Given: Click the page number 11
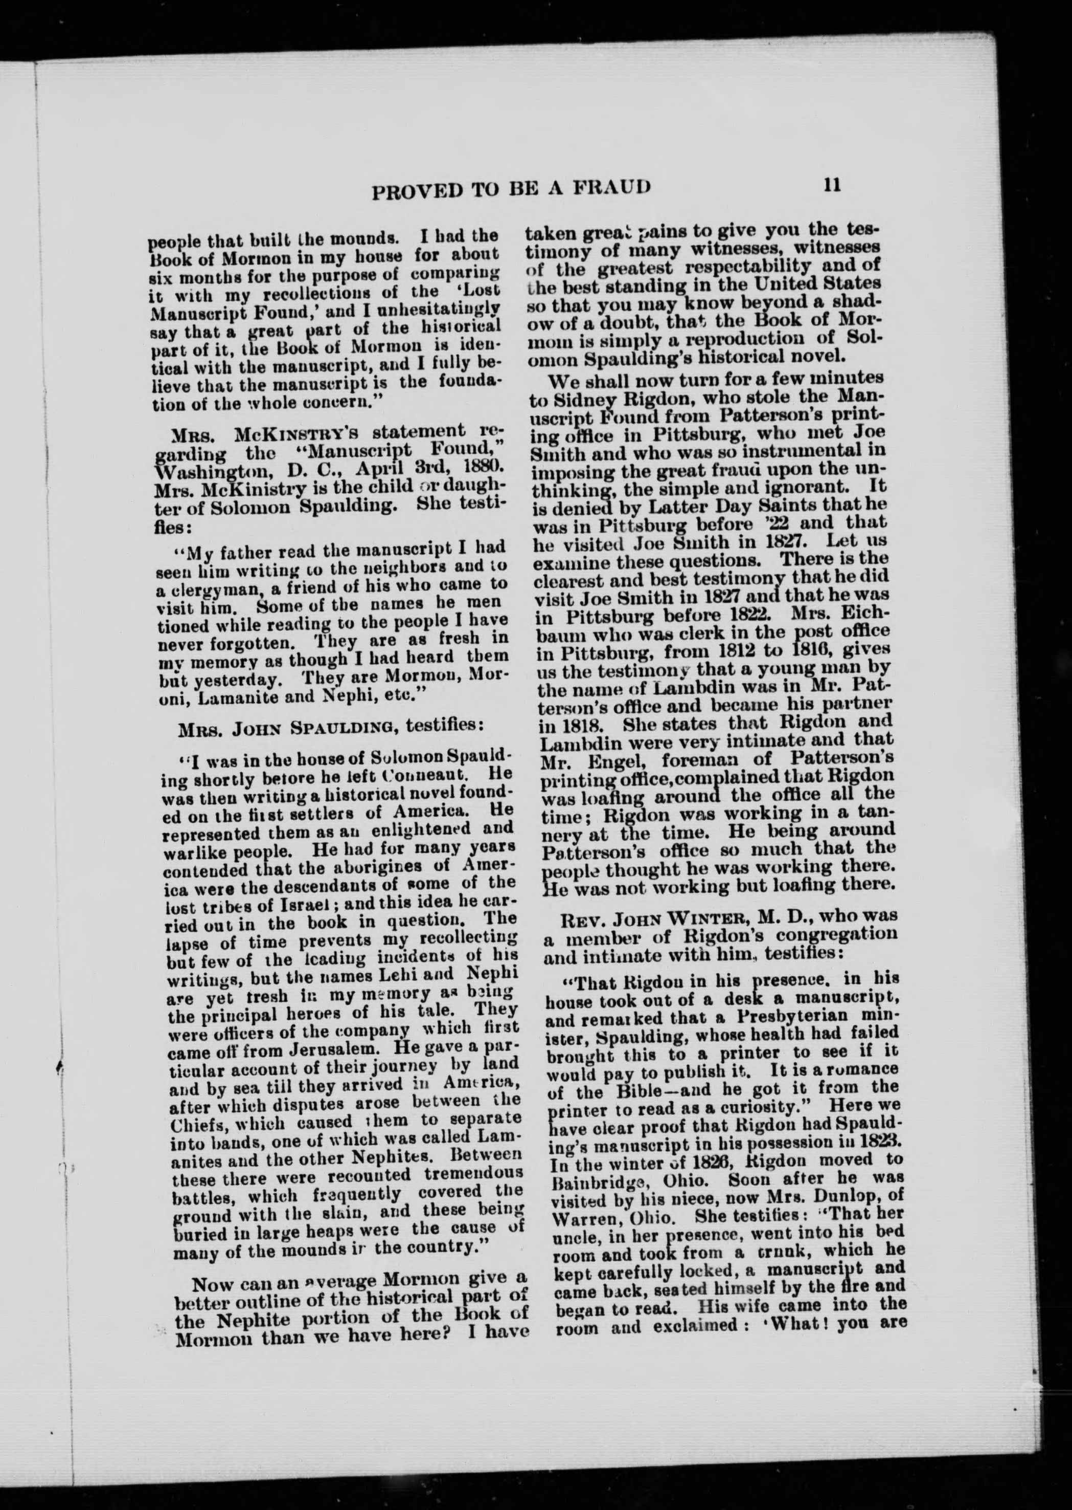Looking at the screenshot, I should [832, 186].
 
